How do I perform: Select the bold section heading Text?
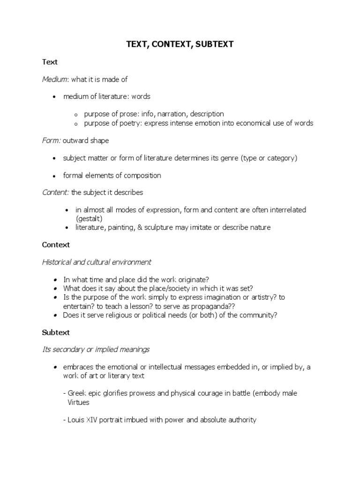click(49, 62)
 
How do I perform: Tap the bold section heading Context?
click(56, 245)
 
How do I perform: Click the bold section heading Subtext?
click(56, 332)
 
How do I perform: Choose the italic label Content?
click(56, 192)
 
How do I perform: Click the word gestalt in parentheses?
click(89, 218)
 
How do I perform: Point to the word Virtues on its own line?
click(80, 402)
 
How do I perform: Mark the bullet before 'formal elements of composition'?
click(54, 176)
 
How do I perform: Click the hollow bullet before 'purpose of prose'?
click(75, 114)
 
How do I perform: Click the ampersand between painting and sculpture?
click(140, 227)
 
